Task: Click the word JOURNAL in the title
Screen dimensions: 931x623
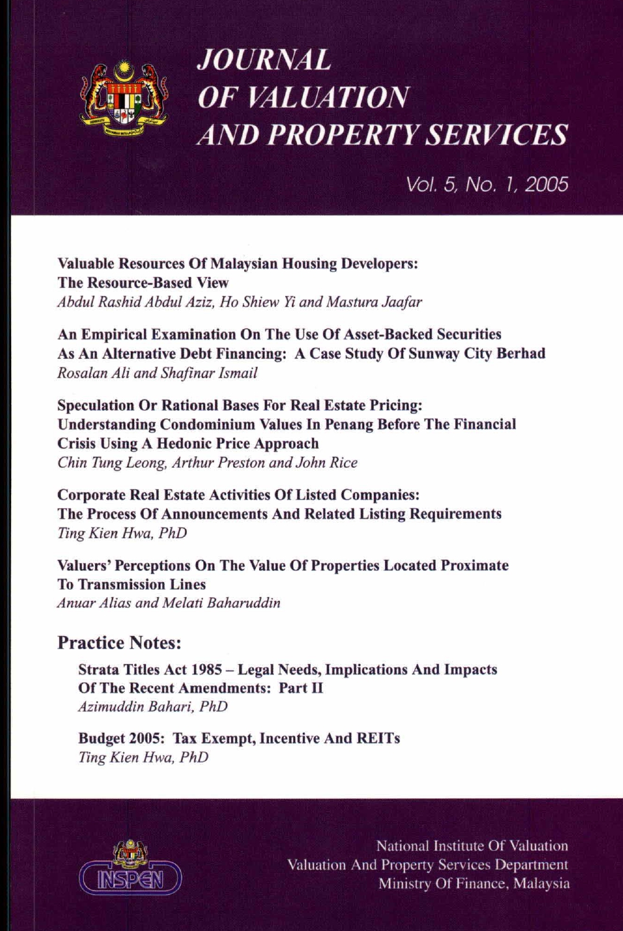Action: tap(263, 60)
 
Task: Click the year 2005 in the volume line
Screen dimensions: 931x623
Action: tap(547, 184)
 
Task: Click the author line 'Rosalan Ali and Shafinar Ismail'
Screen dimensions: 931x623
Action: tap(157, 373)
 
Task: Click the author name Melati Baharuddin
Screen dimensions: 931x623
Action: tap(221, 603)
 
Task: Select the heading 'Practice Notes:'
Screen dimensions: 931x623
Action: tap(119, 643)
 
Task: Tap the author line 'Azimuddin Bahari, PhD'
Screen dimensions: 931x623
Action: tap(153, 707)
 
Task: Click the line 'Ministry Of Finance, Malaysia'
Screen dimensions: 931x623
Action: tap(474, 884)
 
